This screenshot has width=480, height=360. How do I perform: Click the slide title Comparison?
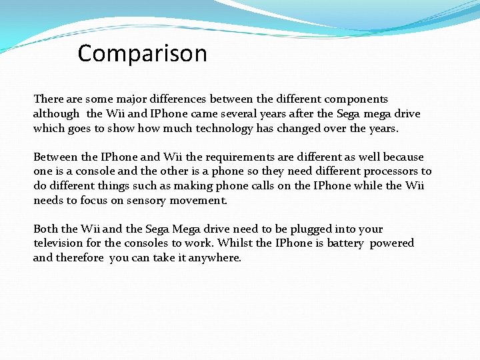pyautogui.click(x=142, y=53)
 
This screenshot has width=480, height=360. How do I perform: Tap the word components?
pyautogui.click(x=356, y=99)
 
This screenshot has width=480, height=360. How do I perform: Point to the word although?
pyautogui.click(x=55, y=114)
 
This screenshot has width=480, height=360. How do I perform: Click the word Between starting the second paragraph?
pyautogui.click(x=55, y=157)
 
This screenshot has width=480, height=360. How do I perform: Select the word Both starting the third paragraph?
pyautogui.click(x=45, y=229)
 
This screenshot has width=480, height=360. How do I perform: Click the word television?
pyautogui.click(x=59, y=243)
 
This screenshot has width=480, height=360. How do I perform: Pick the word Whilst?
pyautogui.click(x=233, y=243)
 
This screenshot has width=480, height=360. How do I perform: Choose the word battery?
pyautogui.click(x=345, y=243)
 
